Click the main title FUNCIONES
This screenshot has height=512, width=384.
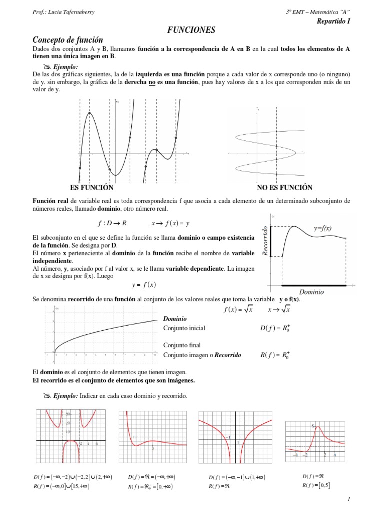click(x=191, y=30)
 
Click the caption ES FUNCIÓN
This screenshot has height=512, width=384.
click(x=93, y=188)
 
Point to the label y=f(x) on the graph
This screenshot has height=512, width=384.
click(x=323, y=228)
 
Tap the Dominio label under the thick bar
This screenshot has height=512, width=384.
click(x=311, y=292)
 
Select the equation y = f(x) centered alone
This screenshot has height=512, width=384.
click(x=144, y=285)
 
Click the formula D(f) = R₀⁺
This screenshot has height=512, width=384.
click(x=275, y=328)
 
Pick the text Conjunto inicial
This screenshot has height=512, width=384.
click(x=184, y=328)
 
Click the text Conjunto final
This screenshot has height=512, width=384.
click(x=181, y=345)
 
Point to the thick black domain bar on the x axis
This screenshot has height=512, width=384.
click(x=313, y=285)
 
